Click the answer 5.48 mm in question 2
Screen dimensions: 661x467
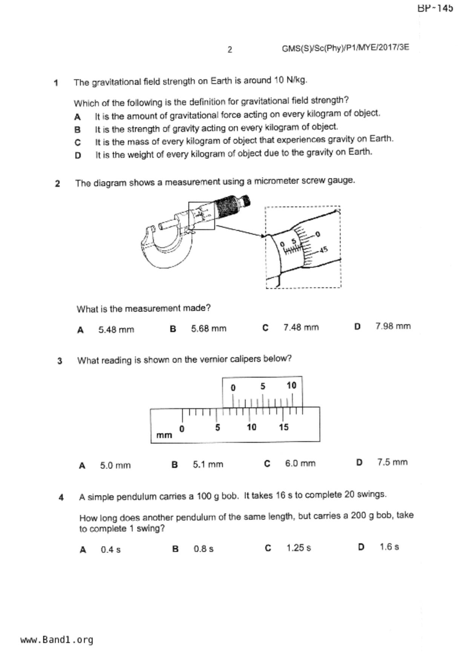116,330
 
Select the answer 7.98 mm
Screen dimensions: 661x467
393,326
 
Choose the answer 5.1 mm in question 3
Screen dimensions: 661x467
208,465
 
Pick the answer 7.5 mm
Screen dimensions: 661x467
392,462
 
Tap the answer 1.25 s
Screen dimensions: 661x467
298,548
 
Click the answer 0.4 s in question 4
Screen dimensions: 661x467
110,550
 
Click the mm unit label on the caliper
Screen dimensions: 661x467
164,435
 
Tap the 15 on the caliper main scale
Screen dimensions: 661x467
283,427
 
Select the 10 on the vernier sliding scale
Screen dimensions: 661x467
291,386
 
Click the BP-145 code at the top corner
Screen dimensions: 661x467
435,8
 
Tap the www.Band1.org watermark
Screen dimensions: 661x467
57,640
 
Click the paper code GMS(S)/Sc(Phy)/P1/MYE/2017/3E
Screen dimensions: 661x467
345,48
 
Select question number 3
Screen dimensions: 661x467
60,361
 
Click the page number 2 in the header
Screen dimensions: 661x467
230,50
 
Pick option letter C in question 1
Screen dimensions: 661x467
78,143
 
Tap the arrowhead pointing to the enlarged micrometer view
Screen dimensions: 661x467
263,236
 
